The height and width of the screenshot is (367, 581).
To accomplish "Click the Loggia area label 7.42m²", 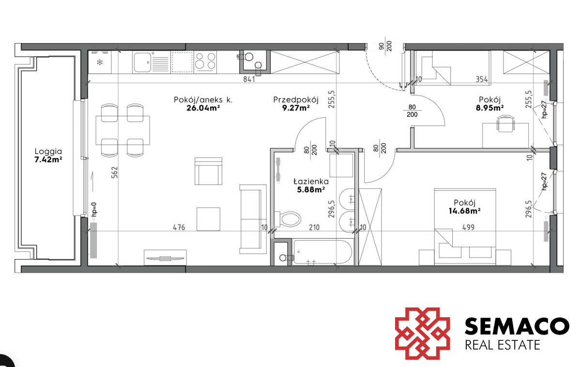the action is (48, 159).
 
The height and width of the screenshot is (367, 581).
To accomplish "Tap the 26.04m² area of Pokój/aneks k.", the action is (203, 108).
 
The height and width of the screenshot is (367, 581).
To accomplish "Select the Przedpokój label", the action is (296, 100).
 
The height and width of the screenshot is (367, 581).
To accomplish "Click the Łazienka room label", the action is (311, 181).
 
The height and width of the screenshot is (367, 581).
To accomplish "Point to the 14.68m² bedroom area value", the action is (464, 211).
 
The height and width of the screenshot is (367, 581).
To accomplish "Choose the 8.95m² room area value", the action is (489, 108).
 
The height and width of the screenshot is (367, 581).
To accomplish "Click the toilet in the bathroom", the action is (288, 219).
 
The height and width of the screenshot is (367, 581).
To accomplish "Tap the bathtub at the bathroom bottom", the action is (322, 252).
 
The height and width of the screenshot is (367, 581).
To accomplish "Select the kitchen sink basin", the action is (142, 62).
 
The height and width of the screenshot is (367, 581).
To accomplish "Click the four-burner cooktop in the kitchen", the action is (205, 62).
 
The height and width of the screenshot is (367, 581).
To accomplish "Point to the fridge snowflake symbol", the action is (100, 62).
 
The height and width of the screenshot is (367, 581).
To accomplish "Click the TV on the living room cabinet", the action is (165, 259).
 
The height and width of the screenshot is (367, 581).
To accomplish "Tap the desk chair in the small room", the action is (505, 124).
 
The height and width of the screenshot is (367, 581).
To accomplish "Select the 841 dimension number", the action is (249, 79).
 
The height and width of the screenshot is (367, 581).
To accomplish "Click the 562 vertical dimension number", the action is (114, 172).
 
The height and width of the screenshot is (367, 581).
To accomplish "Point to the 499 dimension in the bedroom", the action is (468, 228).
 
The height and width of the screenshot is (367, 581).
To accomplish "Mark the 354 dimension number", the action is (482, 79).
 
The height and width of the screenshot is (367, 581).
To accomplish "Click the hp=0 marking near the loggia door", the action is (94, 209).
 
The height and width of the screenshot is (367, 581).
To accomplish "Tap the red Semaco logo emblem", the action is (423, 334).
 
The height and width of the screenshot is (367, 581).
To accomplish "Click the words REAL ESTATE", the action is (503, 345).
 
